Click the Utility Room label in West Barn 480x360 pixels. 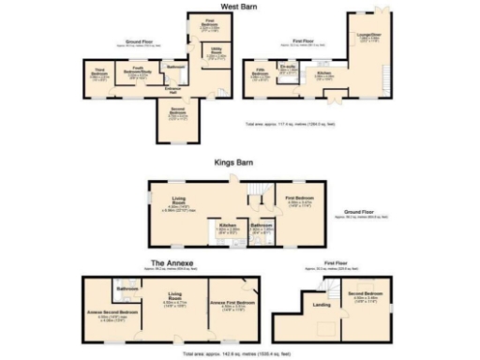click(216, 56)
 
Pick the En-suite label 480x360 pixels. click(290, 68)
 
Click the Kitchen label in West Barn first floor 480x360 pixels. click(323, 74)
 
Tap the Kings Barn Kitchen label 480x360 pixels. click(226, 226)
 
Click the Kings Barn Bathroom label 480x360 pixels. click(262, 226)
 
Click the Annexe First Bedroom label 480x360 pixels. click(234, 304)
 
